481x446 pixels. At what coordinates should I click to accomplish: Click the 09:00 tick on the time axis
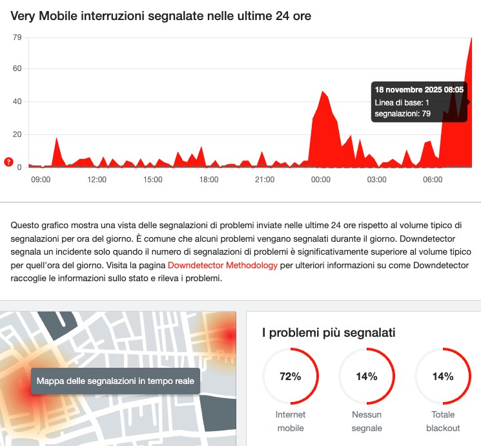click(x=41, y=179)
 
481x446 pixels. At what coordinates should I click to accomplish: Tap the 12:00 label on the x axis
click(x=97, y=179)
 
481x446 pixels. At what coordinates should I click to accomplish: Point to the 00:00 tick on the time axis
click(x=321, y=179)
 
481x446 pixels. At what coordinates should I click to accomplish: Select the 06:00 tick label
click(x=433, y=179)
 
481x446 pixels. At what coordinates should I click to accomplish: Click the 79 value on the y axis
click(x=17, y=37)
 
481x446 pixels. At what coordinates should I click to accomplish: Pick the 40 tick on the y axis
click(x=17, y=101)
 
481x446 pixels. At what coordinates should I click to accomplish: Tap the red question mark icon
click(x=8, y=162)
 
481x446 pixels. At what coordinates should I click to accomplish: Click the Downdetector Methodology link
click(x=223, y=265)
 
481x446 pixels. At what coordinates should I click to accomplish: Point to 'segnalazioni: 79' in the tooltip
click(x=402, y=114)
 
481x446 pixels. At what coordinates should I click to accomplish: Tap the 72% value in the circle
click(x=290, y=377)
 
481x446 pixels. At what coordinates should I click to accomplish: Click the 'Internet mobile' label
click(x=290, y=421)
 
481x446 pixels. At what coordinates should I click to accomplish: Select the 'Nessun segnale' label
click(x=367, y=421)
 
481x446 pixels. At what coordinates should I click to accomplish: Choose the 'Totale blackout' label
click(x=443, y=421)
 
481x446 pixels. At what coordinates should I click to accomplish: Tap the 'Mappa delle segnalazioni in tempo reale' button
click(x=116, y=381)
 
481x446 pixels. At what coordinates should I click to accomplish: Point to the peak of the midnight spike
click(x=322, y=92)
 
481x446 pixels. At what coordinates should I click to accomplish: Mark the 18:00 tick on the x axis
click(x=209, y=179)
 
